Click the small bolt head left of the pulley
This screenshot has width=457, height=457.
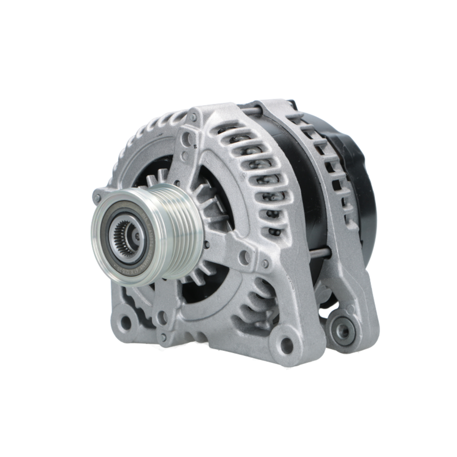96,198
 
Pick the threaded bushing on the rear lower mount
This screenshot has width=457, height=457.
342,330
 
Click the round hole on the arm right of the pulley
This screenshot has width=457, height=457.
245,257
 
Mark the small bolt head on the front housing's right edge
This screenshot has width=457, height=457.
266,264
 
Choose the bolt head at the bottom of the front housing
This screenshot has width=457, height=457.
164,337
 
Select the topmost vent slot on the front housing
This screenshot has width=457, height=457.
228,128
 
